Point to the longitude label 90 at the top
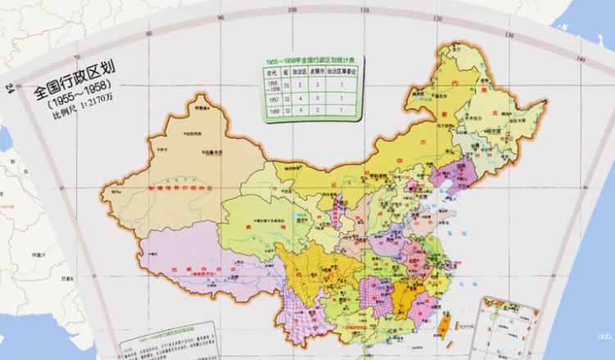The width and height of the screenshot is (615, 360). click(x=220, y=17)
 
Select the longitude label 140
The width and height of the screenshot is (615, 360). click(x=580, y=59)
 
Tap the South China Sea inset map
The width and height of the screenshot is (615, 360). click(x=506, y=329)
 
